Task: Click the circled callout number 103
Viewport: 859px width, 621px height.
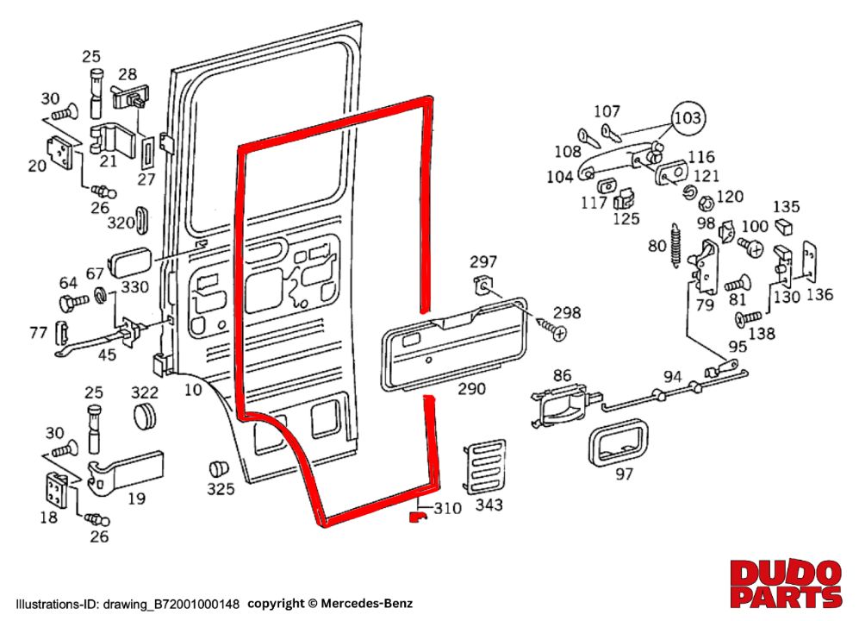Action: pyautogui.click(x=688, y=116)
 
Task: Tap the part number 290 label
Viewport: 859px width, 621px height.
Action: pyautogui.click(x=471, y=390)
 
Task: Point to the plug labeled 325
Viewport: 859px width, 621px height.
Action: pyautogui.click(x=219, y=469)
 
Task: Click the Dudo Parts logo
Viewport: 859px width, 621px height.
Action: pyautogui.click(x=785, y=583)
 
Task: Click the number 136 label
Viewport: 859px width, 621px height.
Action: pyautogui.click(x=819, y=294)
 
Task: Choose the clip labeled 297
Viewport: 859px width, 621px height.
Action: pyautogui.click(x=483, y=287)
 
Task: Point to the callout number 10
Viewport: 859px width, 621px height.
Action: pyautogui.click(x=193, y=390)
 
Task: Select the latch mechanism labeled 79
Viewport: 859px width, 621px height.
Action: pyautogui.click(x=706, y=267)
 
